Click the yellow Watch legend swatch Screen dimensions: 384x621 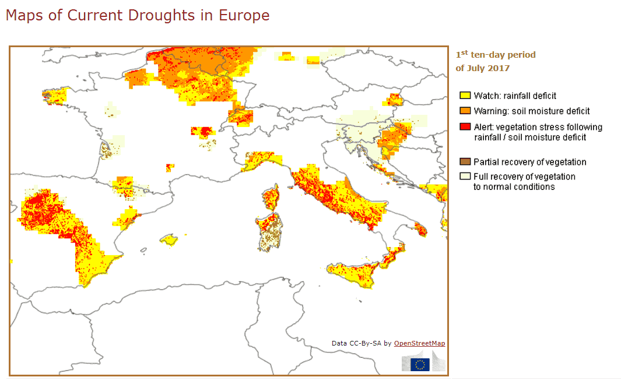click(x=465, y=96)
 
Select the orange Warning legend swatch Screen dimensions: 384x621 click(x=465, y=111)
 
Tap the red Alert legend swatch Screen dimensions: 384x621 click(x=465, y=127)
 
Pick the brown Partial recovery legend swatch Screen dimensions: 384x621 click(x=465, y=162)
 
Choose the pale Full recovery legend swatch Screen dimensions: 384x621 click(x=465, y=177)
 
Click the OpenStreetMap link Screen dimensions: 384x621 click(x=419, y=343)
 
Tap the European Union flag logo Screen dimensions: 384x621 click(x=420, y=365)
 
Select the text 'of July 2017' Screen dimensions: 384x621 click(x=483, y=68)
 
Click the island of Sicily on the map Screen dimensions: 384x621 click(x=353, y=274)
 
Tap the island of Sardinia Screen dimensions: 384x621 click(x=269, y=230)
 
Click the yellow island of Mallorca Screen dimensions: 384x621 click(x=169, y=239)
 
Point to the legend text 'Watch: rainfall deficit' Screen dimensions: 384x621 click(x=515, y=96)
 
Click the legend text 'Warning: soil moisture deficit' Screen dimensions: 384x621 click(x=531, y=111)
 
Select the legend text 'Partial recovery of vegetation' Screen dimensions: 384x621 click(x=529, y=162)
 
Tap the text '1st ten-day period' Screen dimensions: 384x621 click(x=496, y=55)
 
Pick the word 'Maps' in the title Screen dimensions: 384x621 click(x=23, y=16)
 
